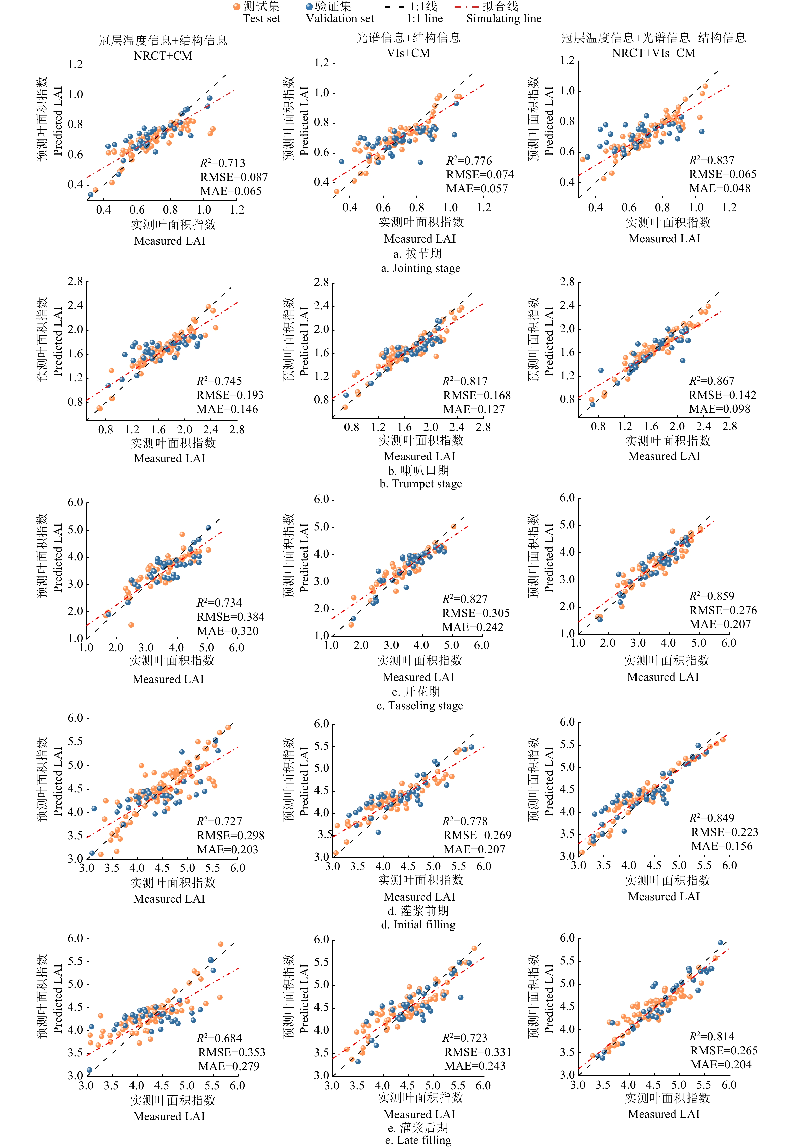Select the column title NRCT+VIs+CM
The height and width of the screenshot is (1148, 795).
point(653,53)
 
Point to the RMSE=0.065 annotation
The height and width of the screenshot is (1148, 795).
point(722,174)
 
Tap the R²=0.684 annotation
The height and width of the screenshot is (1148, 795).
point(219,1038)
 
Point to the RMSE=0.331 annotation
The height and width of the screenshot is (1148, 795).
point(477,1052)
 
